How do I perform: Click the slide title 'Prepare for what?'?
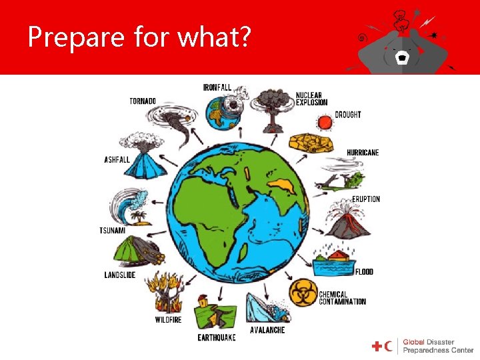[x=139, y=38]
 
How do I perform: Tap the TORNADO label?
[x=143, y=101]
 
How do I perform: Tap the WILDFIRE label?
[x=168, y=320]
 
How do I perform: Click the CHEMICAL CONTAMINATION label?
[x=342, y=297]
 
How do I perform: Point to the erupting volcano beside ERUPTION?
[x=345, y=219]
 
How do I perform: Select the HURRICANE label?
[x=363, y=153]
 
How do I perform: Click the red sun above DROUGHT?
[x=325, y=122]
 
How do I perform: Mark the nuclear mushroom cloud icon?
[x=271, y=108]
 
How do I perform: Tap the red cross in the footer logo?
[x=377, y=346]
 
